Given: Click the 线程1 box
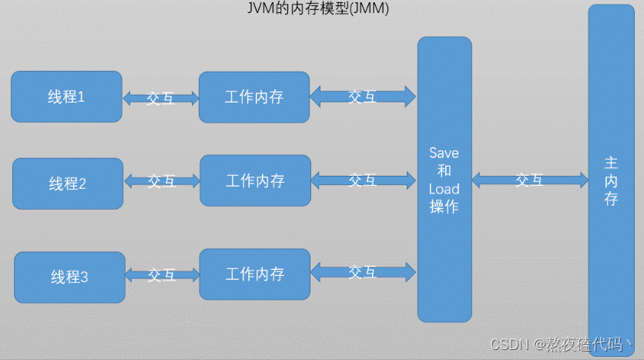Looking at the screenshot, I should point(66,96).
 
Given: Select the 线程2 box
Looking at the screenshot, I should point(68,183).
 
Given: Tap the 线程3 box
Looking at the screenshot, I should point(69,277).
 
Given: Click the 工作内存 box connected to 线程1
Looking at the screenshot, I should point(254,97).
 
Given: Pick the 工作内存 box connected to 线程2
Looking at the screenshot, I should point(255,180).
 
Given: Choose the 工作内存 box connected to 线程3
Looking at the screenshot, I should point(255,274).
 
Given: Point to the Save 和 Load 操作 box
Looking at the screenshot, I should point(444,179).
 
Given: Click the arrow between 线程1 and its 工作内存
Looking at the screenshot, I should point(160,98).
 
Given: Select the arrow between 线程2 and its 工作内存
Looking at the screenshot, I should point(162,181).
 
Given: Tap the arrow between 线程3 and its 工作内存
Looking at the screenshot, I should point(162,274).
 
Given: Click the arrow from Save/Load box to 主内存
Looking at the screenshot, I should point(529,180).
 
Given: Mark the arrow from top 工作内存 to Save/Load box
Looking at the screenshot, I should point(362,96).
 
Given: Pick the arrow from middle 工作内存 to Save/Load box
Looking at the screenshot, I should point(362,180).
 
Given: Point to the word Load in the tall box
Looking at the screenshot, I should point(444,189).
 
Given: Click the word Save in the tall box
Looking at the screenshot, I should point(444,153).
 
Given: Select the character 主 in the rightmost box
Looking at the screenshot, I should point(611,163).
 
